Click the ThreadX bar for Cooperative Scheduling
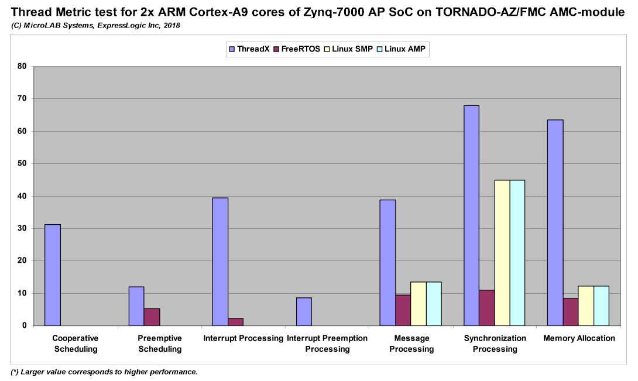click(x=53, y=274)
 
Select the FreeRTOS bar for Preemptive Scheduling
click(x=152, y=317)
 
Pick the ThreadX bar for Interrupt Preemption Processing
click(x=304, y=311)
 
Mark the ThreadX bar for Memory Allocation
click(x=555, y=222)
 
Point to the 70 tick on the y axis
click(x=22, y=99)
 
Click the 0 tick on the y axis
click(x=25, y=325)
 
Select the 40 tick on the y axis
click(x=22, y=196)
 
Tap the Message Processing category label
click(x=411, y=344)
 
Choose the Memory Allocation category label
click(x=579, y=338)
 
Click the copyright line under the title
click(x=95, y=25)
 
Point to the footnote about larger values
click(x=104, y=372)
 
